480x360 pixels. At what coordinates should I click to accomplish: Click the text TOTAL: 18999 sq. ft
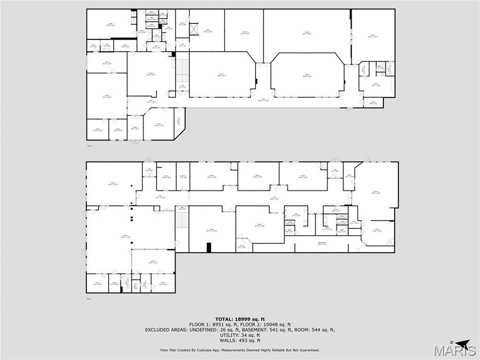point(239,319)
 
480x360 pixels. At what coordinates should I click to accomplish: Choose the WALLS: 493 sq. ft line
point(239,340)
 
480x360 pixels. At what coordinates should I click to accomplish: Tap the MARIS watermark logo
point(455,350)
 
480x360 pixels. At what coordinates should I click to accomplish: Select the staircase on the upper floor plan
point(182,69)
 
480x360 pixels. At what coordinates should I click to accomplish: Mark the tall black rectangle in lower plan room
point(209,247)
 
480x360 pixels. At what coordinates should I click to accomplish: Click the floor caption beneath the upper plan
point(90,145)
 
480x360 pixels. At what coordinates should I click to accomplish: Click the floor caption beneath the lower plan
point(90,299)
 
